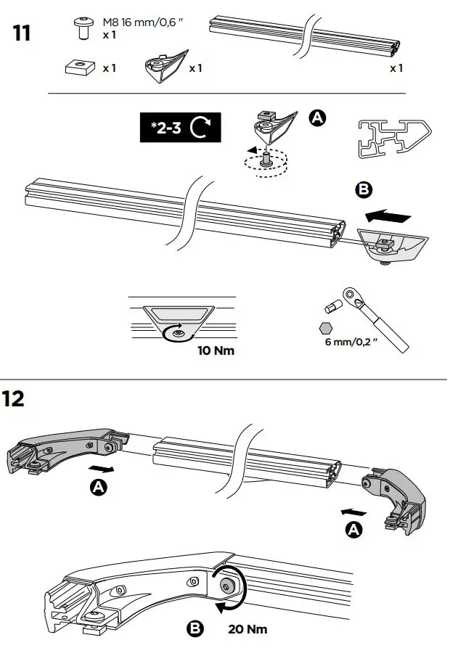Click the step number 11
click(22, 33)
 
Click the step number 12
click(16, 400)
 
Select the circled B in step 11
click(363, 190)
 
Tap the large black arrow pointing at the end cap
click(389, 216)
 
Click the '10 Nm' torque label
click(216, 350)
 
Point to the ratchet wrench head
click(354, 295)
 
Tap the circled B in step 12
click(195, 628)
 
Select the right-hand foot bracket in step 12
click(396, 494)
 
